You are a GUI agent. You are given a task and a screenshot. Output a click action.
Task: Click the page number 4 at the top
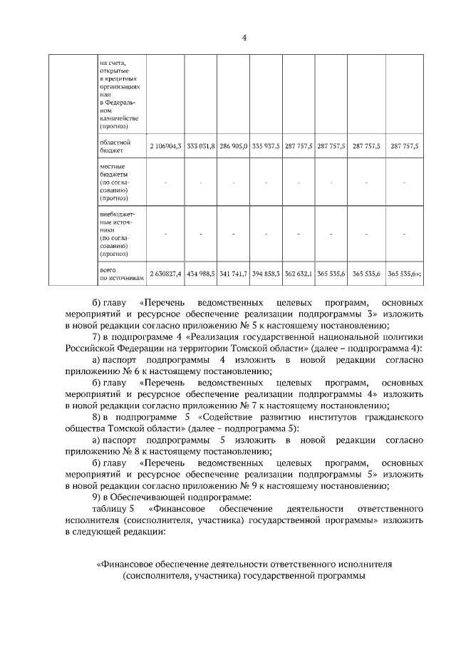[x=244, y=38]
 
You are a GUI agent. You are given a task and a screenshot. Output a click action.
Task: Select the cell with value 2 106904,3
[x=165, y=145]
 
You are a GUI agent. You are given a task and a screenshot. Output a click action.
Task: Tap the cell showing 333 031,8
[x=202, y=145]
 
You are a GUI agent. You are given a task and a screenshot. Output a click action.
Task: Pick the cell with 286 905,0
[x=234, y=145]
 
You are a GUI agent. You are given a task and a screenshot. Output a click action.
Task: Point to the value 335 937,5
[x=266, y=145]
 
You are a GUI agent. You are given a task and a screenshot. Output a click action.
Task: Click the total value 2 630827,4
[x=165, y=273]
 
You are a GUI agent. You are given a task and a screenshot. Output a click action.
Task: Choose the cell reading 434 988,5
[x=202, y=273]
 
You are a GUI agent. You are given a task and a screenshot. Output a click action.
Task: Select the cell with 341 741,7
[x=234, y=273]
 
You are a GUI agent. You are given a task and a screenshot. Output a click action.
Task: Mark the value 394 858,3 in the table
[x=266, y=273]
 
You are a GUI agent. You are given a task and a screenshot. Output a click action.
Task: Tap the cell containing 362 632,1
[x=299, y=273]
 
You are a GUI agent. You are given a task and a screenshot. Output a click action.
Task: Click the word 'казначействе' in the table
[x=119, y=118]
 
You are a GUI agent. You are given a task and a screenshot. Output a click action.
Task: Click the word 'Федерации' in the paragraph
[x=139, y=349]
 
